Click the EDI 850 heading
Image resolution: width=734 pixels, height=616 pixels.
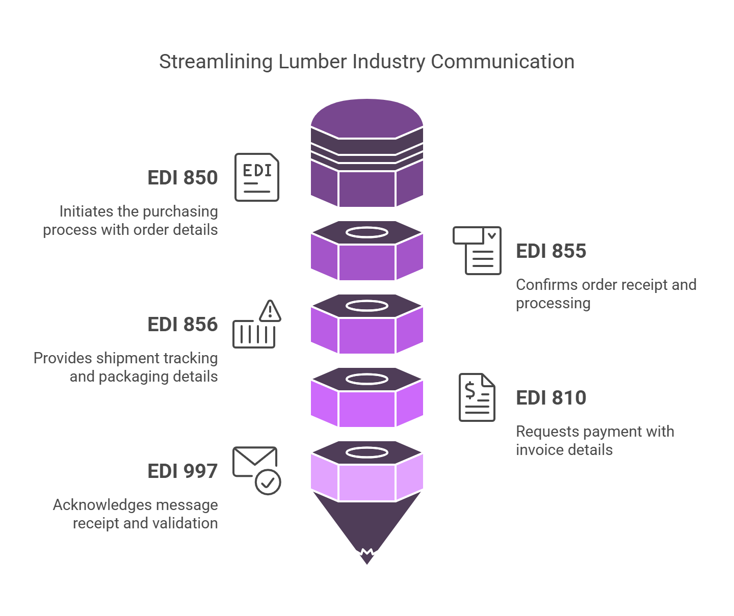coord(182,178)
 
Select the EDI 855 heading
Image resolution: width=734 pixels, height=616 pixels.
coord(551,251)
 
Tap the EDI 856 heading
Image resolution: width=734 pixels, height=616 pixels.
coord(182,325)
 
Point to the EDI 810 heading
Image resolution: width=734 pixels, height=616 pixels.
coord(551,398)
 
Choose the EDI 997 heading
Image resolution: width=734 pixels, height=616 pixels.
coord(182,471)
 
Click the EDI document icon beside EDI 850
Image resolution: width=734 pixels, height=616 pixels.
coord(257,177)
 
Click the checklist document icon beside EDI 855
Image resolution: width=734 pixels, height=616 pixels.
coord(478,251)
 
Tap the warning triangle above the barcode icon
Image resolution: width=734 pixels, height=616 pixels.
coord(270,311)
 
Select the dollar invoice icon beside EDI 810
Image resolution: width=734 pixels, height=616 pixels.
coord(477,397)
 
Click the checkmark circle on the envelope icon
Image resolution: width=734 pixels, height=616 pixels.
coord(268,481)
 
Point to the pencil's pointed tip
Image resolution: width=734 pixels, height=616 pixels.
coord(367,560)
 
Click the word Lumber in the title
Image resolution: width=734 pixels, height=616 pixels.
coord(312,62)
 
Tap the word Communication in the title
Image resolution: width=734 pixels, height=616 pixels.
coord(503,62)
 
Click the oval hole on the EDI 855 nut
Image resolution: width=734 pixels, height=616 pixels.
coord(367,232)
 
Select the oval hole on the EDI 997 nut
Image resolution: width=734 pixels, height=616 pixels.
coord(367,452)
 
